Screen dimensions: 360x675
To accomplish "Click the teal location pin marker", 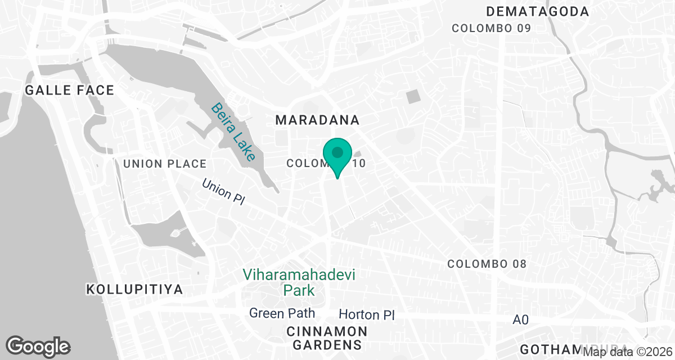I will pyautogui.click(x=337, y=155).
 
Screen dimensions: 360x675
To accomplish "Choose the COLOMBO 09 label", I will pyautogui.click(x=492, y=28).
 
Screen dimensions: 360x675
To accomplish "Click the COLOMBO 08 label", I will pyautogui.click(x=487, y=264).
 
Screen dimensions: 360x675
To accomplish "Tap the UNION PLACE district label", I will pyautogui.click(x=164, y=164).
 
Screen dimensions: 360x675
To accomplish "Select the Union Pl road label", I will pyautogui.click(x=223, y=192).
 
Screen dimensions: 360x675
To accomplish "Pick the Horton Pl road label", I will pyautogui.click(x=367, y=314).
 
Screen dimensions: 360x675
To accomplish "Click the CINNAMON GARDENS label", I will pyautogui.click(x=327, y=337).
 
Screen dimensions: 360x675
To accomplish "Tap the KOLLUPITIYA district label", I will pyautogui.click(x=134, y=290).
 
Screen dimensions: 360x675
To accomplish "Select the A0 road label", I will pyautogui.click(x=521, y=319).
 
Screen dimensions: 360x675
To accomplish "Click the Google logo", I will pyautogui.click(x=38, y=346).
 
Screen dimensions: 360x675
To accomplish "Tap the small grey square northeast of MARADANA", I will pyautogui.click(x=413, y=96).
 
